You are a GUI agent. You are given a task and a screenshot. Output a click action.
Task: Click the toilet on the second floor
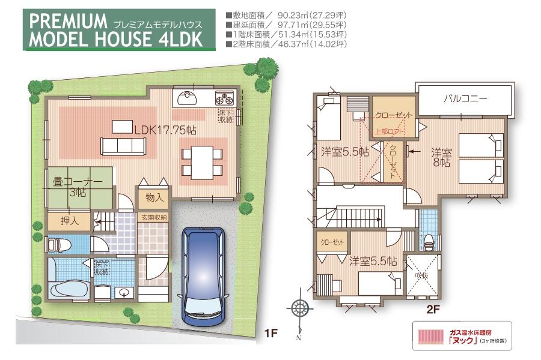pos(429,241)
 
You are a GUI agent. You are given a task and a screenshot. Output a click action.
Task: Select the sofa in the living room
pos(123,146)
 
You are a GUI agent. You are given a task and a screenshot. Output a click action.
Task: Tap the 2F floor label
pos(433,310)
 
